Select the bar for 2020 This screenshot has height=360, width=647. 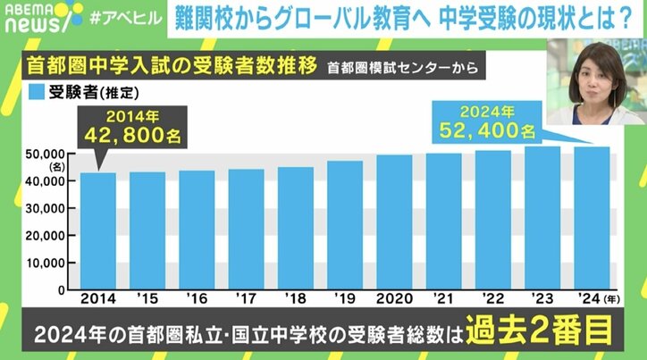394,222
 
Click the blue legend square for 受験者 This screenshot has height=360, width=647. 37,90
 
